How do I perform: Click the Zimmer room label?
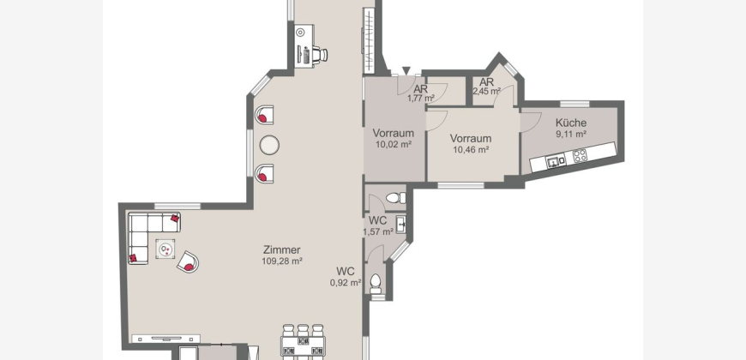pos(282,249)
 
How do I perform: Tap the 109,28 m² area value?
pos(282,261)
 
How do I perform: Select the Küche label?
pos(571,123)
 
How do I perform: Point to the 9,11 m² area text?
pos(571,134)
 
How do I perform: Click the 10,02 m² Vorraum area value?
pos(394,144)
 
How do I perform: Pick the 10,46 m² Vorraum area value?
pos(471,150)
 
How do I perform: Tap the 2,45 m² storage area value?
pos(486,90)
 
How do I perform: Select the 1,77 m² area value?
pos(420,99)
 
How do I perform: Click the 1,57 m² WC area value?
pos(378,232)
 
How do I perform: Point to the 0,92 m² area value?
pos(346,283)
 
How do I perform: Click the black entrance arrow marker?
pos(406,71)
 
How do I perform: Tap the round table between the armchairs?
pos(269,145)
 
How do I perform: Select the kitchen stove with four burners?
pos(580,154)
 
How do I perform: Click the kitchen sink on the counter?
pos(556,161)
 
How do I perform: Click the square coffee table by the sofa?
pos(165,249)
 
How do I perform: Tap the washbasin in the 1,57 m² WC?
pos(400,224)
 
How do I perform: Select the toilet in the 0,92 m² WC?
pos(376,283)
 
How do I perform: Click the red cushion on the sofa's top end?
pos(175,219)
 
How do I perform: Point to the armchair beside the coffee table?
pos(188,262)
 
